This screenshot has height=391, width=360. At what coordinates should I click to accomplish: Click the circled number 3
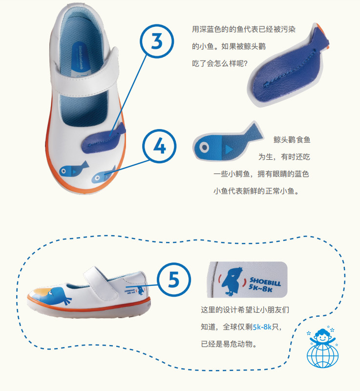157,42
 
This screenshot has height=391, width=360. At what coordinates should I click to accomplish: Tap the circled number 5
174,280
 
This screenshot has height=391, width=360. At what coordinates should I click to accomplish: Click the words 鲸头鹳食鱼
292,140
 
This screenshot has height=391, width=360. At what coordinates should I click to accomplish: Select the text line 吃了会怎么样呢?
220,63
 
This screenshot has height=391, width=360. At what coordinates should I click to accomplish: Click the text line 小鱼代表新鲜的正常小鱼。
255,191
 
